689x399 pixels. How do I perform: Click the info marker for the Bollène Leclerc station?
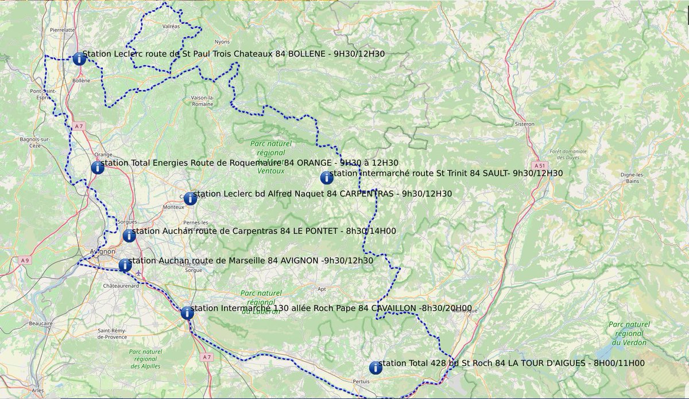tap(79, 58)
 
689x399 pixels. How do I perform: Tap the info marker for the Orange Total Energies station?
tap(98, 167)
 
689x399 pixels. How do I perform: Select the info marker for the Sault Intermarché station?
tap(327, 178)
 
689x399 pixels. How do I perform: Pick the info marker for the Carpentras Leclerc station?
tap(190, 198)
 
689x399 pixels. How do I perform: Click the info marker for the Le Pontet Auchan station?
tap(129, 236)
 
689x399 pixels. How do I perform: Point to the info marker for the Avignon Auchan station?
tap(125, 265)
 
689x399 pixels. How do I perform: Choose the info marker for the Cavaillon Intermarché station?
tap(187, 313)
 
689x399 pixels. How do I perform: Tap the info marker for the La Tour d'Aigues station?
tap(376, 367)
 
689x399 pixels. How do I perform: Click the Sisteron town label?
tap(524, 124)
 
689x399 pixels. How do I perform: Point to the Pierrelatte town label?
tap(62, 29)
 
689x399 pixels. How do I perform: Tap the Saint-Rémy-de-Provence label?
tap(112, 334)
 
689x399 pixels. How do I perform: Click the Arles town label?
tap(38, 390)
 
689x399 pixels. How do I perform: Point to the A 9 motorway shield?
tap(24, 260)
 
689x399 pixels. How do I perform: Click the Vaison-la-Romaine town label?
tap(203, 101)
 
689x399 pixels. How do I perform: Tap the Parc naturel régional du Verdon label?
tap(630, 334)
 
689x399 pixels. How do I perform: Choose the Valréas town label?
tap(171, 26)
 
